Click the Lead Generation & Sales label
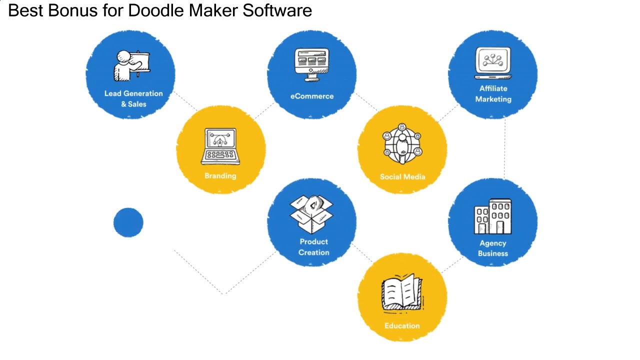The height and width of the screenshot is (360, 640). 133,98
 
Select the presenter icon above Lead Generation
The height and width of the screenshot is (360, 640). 131,65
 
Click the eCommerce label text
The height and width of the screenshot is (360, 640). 312,96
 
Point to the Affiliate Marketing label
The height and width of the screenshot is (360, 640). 493,93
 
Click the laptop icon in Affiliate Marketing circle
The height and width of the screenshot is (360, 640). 493,63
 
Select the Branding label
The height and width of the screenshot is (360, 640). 220,175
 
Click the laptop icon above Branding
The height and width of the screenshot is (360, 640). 220,146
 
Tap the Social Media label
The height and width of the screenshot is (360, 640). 402,176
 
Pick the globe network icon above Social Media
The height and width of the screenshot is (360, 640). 402,144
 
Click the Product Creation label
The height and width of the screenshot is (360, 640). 314,247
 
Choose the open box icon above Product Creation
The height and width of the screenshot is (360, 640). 311,214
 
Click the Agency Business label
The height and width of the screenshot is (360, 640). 493,248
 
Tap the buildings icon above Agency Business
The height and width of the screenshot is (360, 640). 493,216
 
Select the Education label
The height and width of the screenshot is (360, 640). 402,325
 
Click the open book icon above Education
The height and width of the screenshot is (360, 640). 402,292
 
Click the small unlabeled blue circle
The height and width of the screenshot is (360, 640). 128,222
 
